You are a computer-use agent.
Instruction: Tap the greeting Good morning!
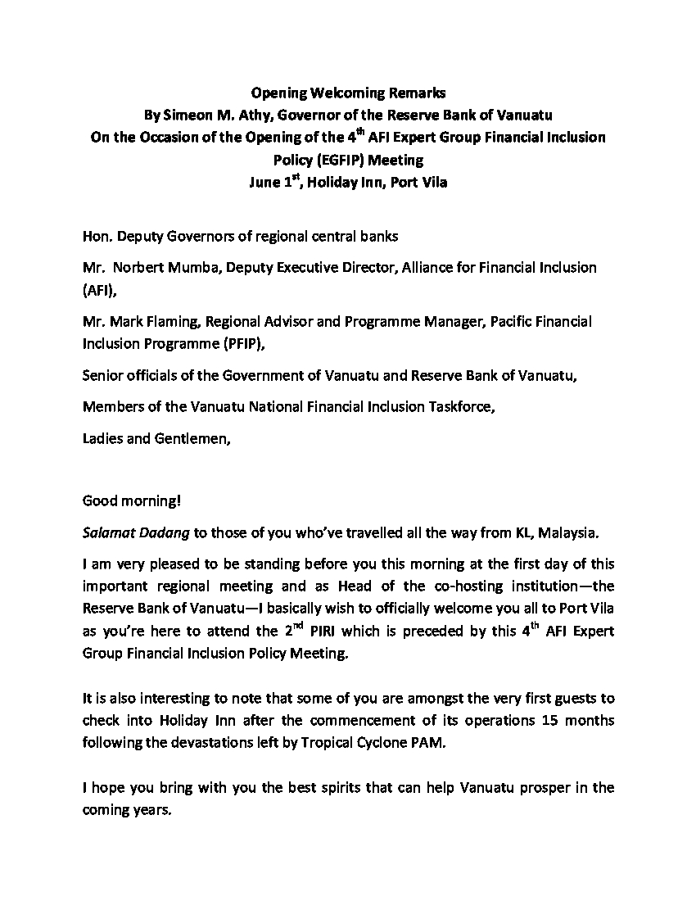click(132, 501)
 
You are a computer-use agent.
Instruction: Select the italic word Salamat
click(110, 533)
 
